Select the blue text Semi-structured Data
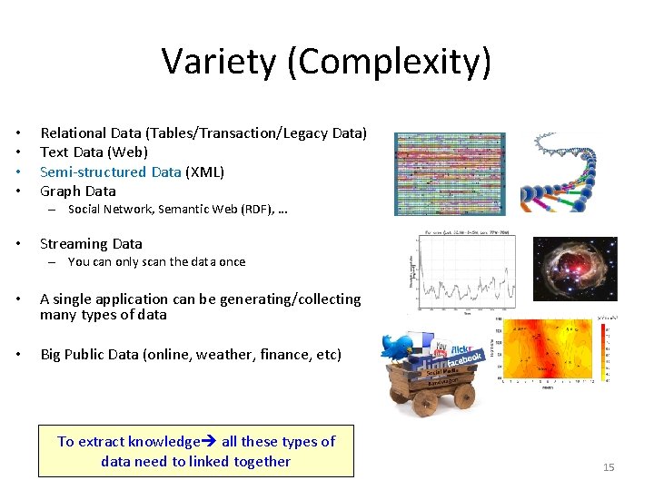pyautogui.click(x=110, y=171)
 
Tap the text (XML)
pyautogui.click(x=205, y=171)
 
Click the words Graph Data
pyautogui.click(x=78, y=191)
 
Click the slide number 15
pyautogui.click(x=609, y=467)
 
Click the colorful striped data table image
pyautogui.click(x=450, y=173)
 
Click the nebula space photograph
pyautogui.click(x=575, y=269)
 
